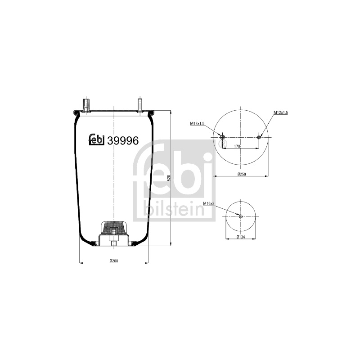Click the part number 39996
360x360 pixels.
(123, 140)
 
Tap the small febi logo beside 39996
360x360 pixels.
(97, 139)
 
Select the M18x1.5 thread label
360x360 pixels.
(197, 123)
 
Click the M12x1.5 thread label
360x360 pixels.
(280, 112)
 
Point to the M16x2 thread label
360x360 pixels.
(209, 203)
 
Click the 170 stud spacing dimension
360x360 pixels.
(237, 146)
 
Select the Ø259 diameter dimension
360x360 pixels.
(242, 174)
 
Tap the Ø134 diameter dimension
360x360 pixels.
(241, 237)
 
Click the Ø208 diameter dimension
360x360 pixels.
(114, 261)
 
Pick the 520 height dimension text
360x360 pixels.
(169, 178)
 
